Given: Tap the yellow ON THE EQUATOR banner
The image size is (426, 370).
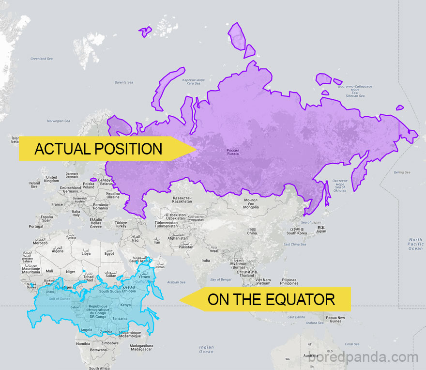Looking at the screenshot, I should click(271, 299).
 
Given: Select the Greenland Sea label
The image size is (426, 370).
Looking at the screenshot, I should click(42, 59).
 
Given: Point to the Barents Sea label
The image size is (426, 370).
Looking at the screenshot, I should click(124, 82).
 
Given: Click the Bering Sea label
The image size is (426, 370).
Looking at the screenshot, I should click(402, 172).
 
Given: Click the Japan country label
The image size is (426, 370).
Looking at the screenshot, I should click(320, 229).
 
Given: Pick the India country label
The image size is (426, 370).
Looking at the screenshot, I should click(206, 261).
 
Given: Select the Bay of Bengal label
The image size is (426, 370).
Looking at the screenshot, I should click(221, 279).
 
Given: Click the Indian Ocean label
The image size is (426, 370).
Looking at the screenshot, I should click(206, 349).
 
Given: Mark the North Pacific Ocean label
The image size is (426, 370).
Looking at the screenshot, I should click(415, 244).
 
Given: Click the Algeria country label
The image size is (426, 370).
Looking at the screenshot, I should click(58, 250).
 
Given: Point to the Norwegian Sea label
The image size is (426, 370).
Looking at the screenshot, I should click(59, 121).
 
